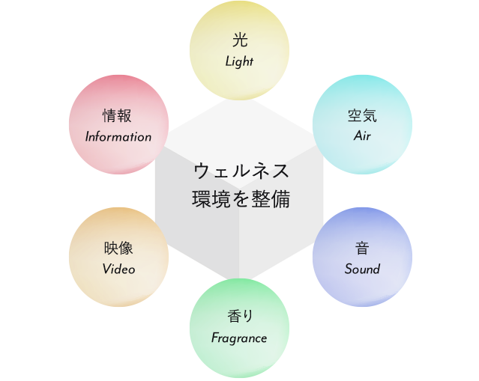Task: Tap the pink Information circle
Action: click(x=118, y=125)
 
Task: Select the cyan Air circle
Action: click(x=362, y=125)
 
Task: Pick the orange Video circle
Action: click(x=118, y=257)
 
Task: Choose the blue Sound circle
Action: click(x=362, y=257)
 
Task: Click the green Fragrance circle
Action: click(x=239, y=326)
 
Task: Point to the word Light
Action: click(x=239, y=62)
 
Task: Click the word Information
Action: click(x=118, y=137)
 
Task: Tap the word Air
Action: click(x=362, y=137)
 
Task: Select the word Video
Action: click(x=118, y=269)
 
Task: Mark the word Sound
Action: click(x=362, y=269)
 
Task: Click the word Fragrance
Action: click(x=239, y=338)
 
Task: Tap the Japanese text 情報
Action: click(x=118, y=116)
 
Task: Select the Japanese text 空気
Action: click(x=362, y=116)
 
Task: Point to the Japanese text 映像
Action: click(x=118, y=248)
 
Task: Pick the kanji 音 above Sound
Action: click(x=362, y=248)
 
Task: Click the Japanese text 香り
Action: click(x=239, y=317)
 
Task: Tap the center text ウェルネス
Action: click(x=240, y=171)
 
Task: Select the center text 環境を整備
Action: click(x=240, y=200)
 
